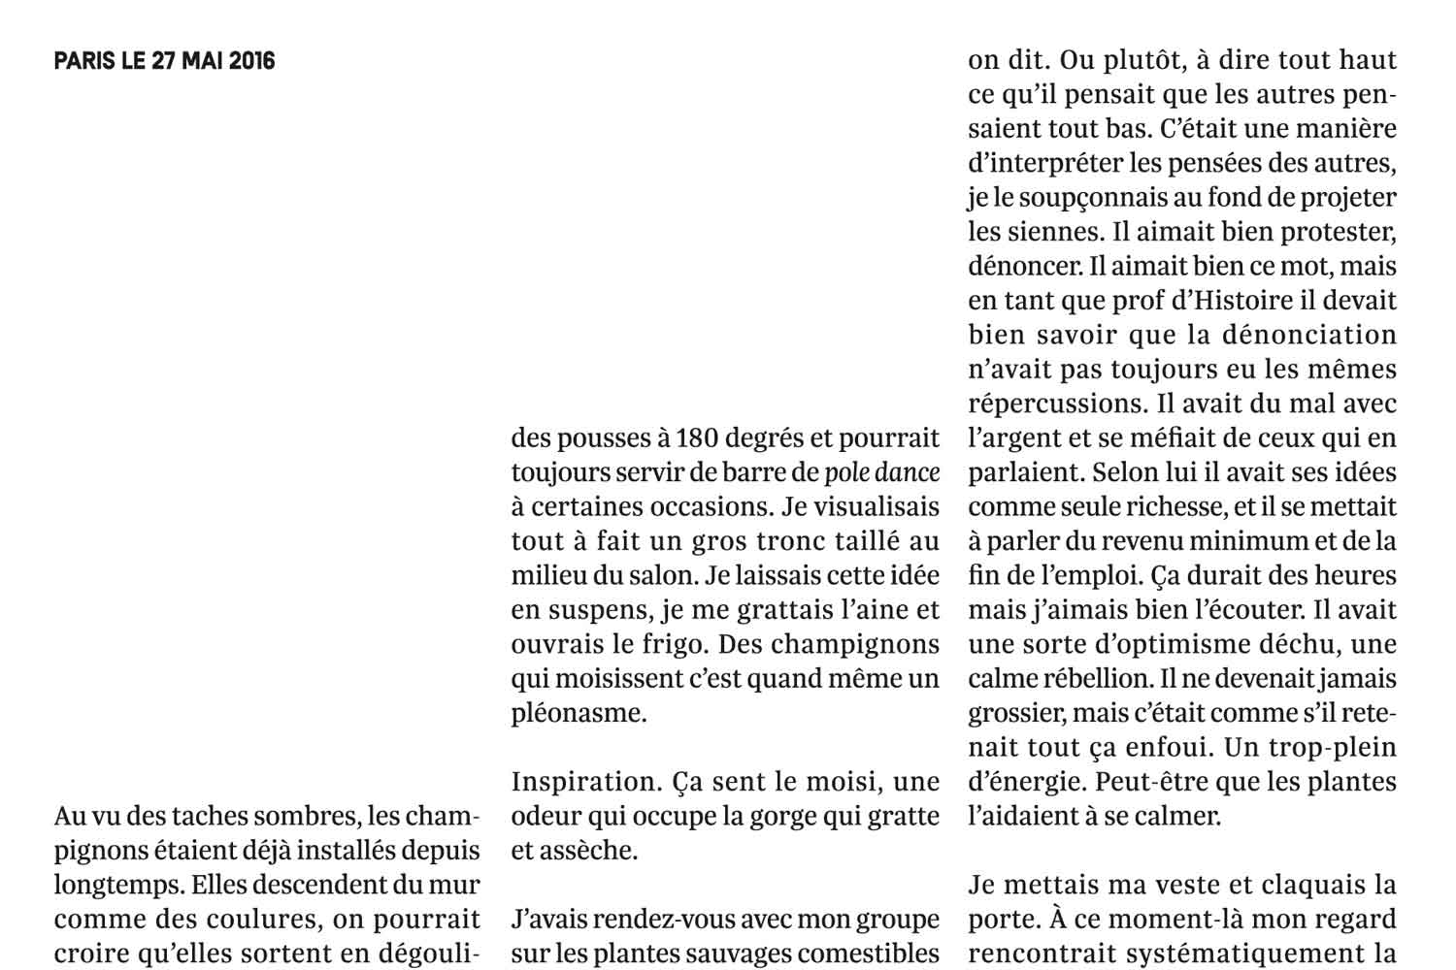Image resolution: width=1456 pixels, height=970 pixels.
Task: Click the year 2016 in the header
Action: [251, 61]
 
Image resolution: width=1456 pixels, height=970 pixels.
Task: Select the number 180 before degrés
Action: [697, 438]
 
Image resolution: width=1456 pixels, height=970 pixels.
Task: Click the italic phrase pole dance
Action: [881, 473]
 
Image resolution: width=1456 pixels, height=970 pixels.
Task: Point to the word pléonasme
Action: [579, 713]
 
